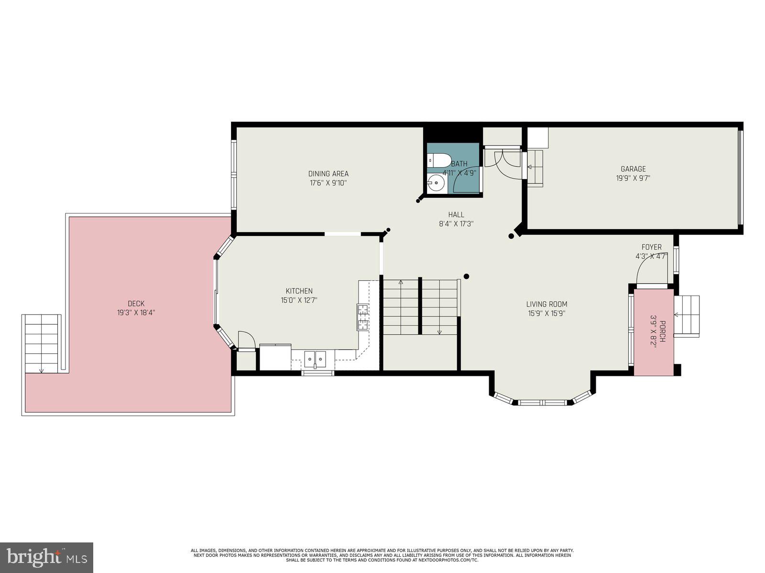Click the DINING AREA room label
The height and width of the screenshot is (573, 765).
pos(328,174)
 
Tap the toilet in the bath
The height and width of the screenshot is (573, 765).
pos(439,160)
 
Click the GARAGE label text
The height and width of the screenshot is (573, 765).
pos(633,169)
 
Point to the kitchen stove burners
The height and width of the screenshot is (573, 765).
pos(362,317)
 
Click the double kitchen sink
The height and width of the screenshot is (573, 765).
pos(315,358)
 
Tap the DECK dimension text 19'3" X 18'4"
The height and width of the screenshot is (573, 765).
pos(136,313)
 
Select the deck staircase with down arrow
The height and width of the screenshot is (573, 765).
pos(42,344)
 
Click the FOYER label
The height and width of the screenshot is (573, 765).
pos(651,247)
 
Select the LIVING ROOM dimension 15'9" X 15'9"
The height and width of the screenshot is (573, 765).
pos(546,314)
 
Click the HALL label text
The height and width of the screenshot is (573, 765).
pos(456,215)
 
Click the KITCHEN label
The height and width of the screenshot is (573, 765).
pos(299,291)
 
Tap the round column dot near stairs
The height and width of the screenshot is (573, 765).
pos(466,276)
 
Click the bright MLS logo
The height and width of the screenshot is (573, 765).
pos(46,557)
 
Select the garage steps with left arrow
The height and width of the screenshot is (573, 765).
pos(535,168)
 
